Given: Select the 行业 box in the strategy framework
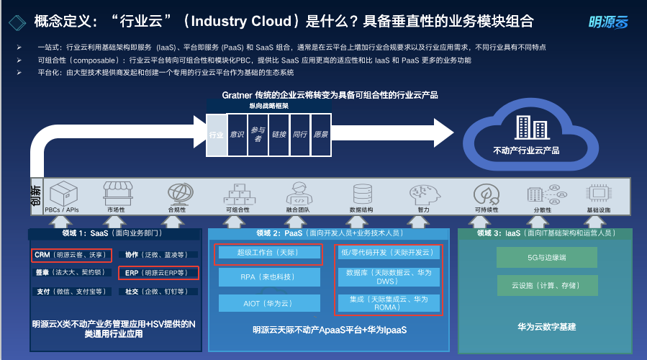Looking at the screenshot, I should tap(216, 135).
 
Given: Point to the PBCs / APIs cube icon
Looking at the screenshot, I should tap(63, 193).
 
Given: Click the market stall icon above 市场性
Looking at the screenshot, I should tap(116, 193).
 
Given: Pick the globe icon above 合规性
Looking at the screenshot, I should tap(177, 193).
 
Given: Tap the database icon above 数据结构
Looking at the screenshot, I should tap(361, 193).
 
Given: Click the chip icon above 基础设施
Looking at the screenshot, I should tap(598, 193).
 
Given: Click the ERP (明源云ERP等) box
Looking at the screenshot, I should tap(155, 273).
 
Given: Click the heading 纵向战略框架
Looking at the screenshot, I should tap(269, 106).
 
